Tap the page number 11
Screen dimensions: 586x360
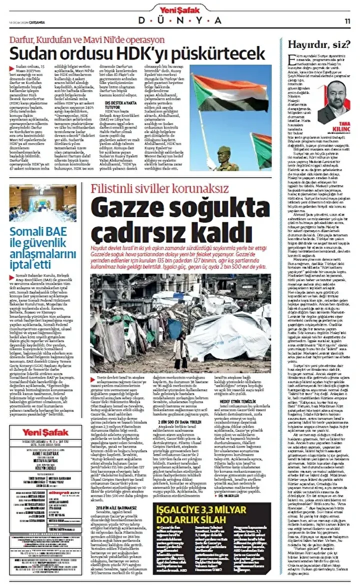click(x=347, y=21)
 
